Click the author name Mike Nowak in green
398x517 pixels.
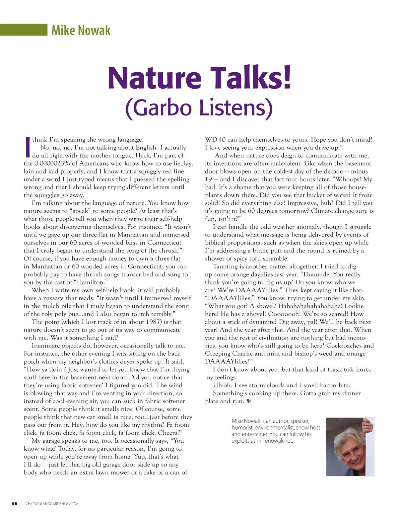pyautogui.click(x=81, y=30)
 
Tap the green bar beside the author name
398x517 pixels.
pyautogui.click(x=24, y=30)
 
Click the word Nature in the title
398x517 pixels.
pyautogui.click(x=155, y=78)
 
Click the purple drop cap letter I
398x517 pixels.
pyautogui.click(x=28, y=147)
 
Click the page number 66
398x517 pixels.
pyautogui.click(x=15, y=503)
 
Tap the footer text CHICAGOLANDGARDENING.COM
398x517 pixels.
pyautogui.click(x=52, y=504)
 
